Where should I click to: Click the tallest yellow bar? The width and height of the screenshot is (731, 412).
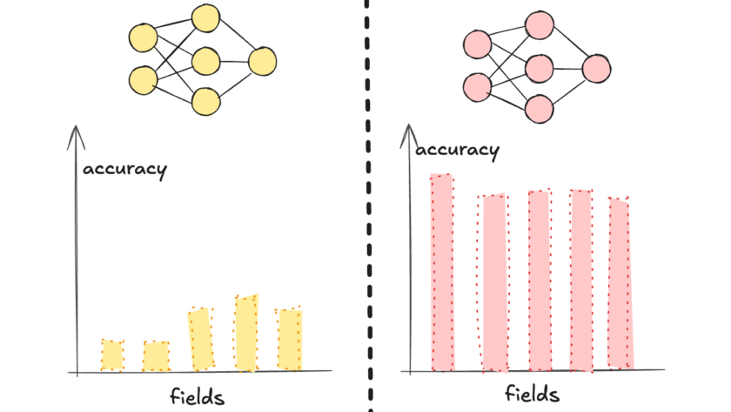pos(246,334)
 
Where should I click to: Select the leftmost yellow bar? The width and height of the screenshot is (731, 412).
pos(112,355)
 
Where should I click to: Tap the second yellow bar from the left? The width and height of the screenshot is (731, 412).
pos(156,355)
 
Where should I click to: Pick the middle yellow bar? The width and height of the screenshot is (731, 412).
pos(201,339)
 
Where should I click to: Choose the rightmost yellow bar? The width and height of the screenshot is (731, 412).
pos(289,339)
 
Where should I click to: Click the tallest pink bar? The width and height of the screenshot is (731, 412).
pos(442,273)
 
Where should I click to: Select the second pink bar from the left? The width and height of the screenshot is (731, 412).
pos(493,283)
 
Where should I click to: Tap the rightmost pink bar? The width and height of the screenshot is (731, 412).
pos(620,283)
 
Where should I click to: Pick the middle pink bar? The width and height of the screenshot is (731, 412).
pos(539,280)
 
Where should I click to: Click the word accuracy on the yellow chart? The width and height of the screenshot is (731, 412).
pos(124,168)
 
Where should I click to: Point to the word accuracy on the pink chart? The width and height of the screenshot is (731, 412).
pos(458,150)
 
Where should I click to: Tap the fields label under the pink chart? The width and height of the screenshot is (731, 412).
pos(532,394)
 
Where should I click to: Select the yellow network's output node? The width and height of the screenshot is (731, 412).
pos(262,61)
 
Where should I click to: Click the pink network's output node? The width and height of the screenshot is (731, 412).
pos(596,69)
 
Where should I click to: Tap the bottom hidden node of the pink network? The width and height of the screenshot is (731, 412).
pos(540,108)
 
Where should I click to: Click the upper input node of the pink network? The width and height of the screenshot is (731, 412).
pos(477,44)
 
